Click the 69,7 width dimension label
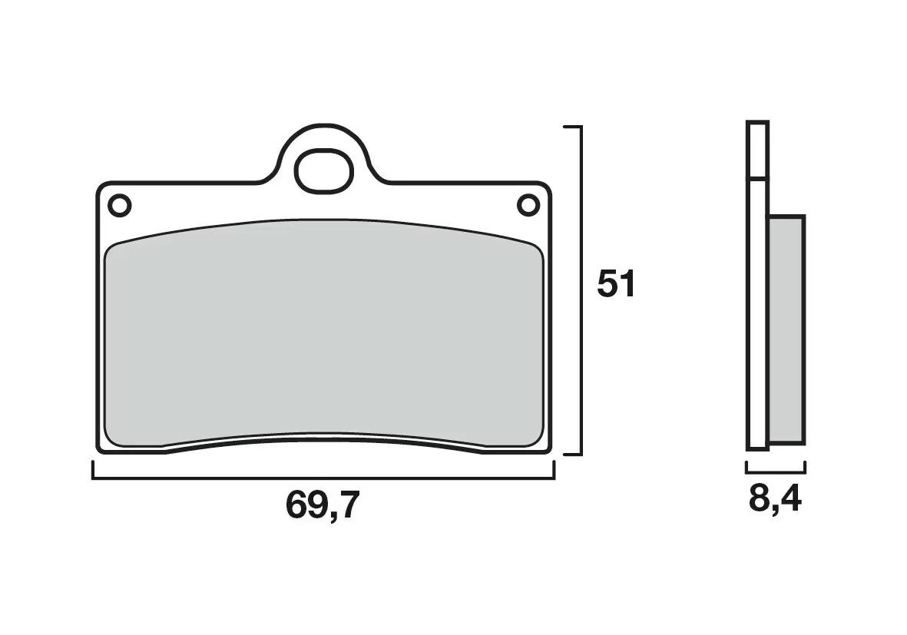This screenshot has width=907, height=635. [x=322, y=505]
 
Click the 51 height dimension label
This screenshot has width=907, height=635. [x=617, y=285]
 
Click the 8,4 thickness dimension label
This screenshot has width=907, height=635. [x=775, y=500]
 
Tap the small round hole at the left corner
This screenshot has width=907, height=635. [x=120, y=206]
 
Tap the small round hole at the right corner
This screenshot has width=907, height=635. [x=528, y=205]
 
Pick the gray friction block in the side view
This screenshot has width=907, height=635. [x=786, y=330]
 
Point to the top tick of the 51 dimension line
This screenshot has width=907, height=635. [x=573, y=126]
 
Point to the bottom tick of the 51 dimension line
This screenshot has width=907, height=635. [x=573, y=454]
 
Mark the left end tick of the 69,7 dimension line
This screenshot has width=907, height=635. [x=93, y=470]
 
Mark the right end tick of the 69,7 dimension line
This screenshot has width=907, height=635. [x=554, y=470]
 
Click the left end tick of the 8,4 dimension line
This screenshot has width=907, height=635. [x=746, y=467]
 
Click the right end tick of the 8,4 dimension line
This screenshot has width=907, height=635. [x=804, y=467]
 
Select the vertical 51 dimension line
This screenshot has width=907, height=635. [x=581, y=289]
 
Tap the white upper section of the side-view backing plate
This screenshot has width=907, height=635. [x=756, y=150]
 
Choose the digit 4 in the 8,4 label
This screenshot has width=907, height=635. [x=791, y=500]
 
